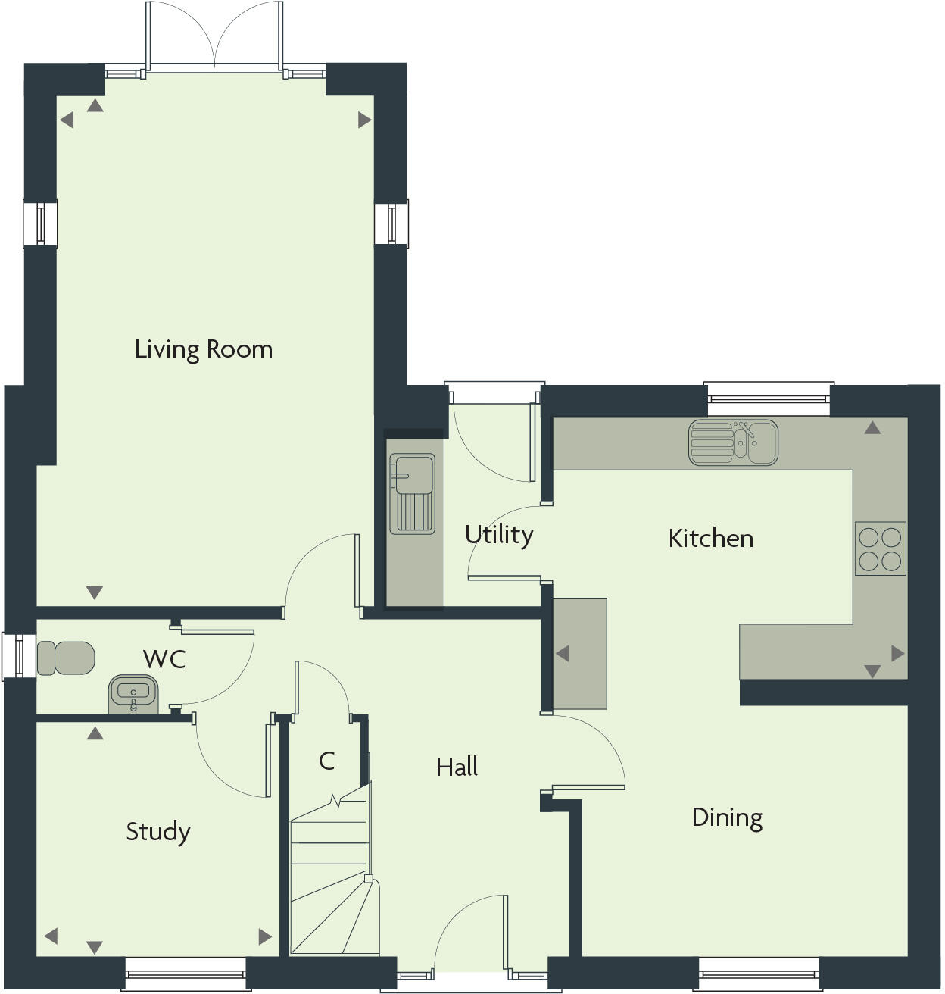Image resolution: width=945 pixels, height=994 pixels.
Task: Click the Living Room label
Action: coord(203,349)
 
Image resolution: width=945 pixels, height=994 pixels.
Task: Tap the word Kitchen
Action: coord(710,539)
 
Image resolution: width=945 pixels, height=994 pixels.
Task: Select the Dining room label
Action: coord(727,817)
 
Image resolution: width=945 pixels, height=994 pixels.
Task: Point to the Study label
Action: coord(157,831)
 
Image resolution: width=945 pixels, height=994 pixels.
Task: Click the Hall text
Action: coord(457,767)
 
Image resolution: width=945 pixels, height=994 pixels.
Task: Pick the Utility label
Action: coord(499,535)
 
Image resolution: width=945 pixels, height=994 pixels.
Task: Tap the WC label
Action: coord(164,659)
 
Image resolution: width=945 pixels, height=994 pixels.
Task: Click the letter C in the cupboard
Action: coord(326,761)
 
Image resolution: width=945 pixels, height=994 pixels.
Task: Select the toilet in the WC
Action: coord(66,658)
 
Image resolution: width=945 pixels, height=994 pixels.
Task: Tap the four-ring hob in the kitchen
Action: coord(880,549)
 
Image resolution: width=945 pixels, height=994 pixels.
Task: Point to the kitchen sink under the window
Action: coord(732,442)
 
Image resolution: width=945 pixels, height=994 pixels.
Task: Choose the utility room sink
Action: coord(412,492)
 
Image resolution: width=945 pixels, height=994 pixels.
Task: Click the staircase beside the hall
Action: coord(333,879)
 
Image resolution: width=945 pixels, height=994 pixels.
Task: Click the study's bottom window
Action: coord(185,974)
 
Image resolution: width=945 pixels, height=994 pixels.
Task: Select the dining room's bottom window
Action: coord(758,974)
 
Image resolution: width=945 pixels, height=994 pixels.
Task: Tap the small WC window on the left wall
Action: coord(13,655)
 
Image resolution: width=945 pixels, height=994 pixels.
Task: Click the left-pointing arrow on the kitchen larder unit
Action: coord(562,653)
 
